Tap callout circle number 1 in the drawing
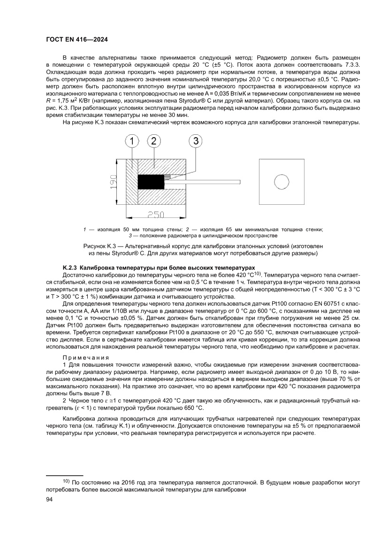point(133,140)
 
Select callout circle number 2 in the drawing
point(153,140)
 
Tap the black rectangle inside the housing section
point(150,181)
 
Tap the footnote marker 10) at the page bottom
point(66,481)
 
